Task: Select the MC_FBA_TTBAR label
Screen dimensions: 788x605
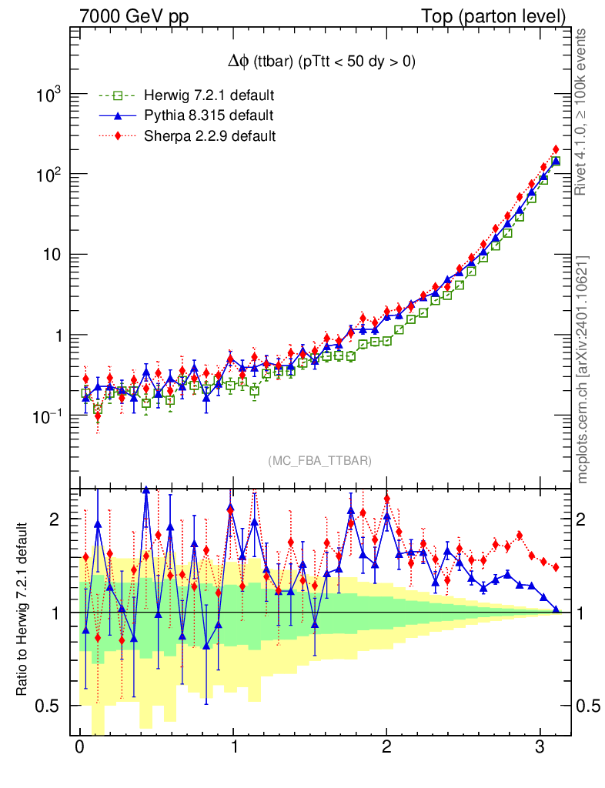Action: click(x=319, y=460)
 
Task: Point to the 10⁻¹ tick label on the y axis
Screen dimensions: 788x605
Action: click(x=48, y=416)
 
